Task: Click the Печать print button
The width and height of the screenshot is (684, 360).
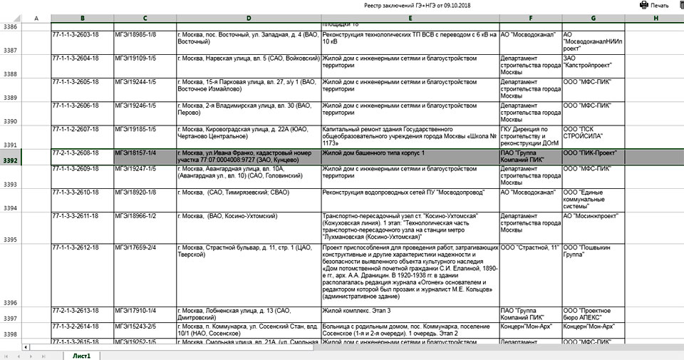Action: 654,5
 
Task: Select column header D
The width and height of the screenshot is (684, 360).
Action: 248,17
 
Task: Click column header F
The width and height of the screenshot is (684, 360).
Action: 530,17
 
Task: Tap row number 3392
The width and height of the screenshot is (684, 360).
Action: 11,160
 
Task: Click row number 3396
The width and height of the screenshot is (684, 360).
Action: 11,303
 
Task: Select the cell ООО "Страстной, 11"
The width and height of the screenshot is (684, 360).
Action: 530,247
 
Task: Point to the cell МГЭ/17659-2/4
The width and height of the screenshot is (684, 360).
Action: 145,247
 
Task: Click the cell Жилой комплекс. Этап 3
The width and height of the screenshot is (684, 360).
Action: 410,311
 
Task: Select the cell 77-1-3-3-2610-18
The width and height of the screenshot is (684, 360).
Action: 81,192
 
